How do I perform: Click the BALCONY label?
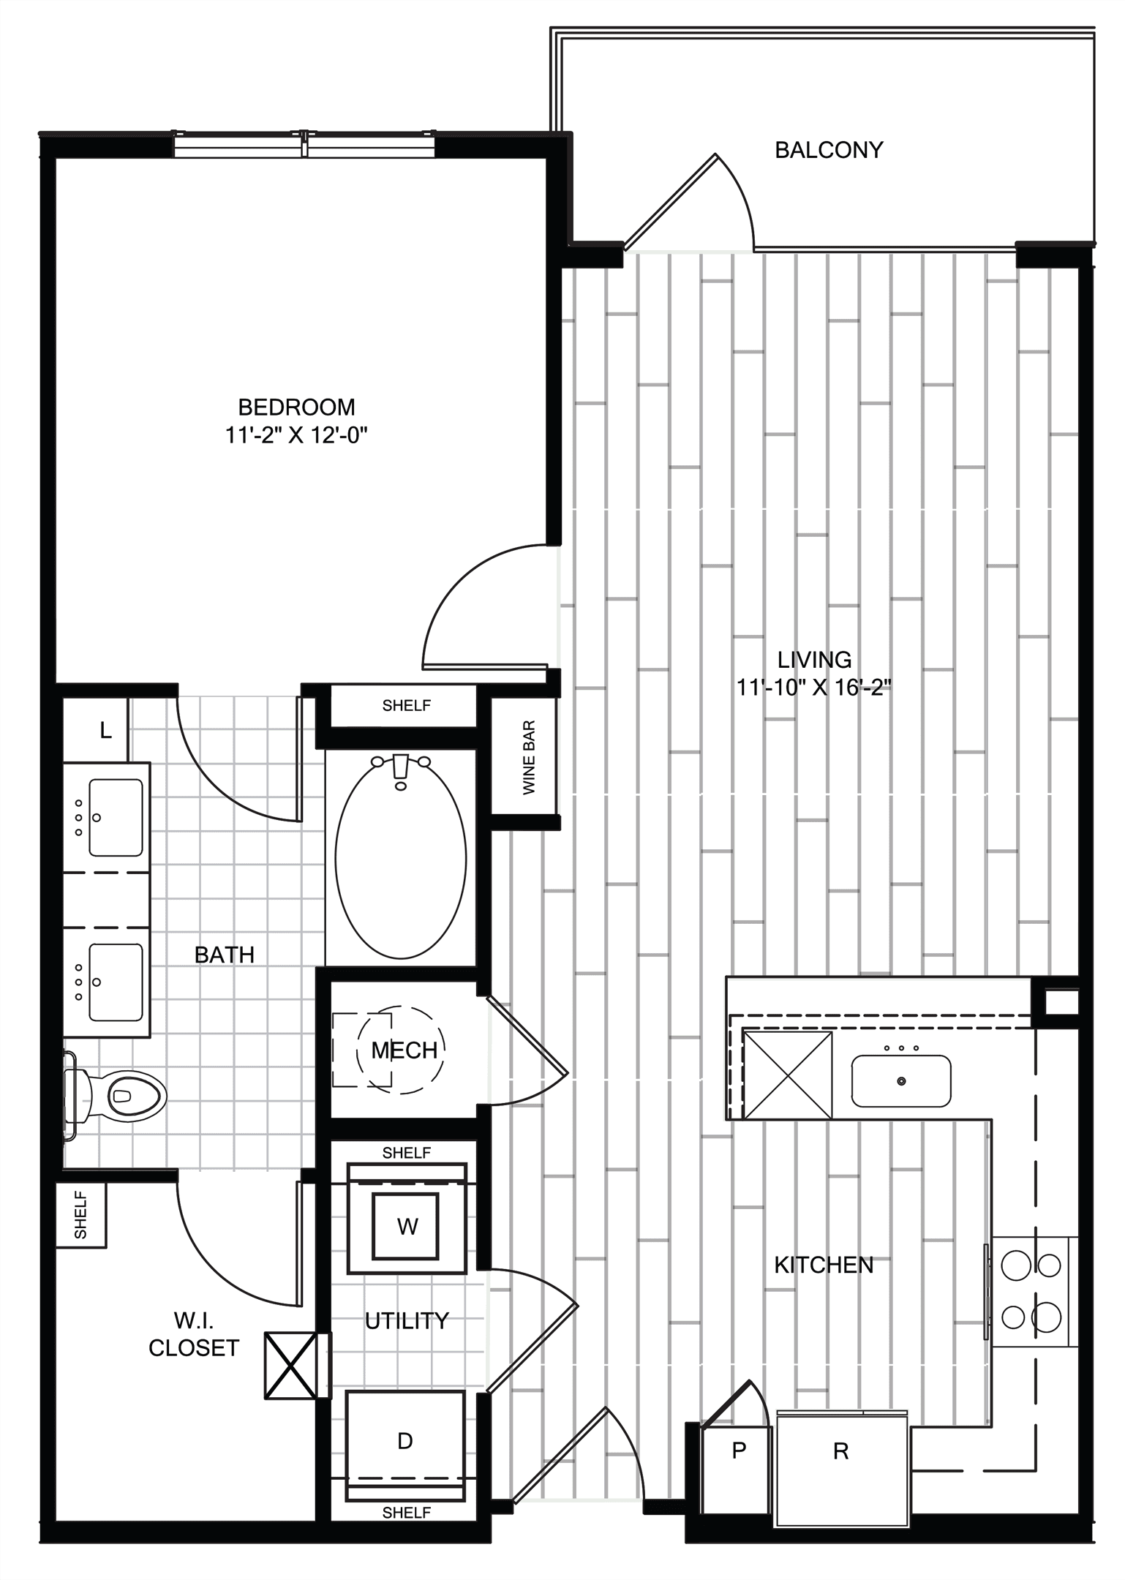coord(829,150)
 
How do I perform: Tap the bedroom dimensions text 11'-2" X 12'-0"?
coord(296,436)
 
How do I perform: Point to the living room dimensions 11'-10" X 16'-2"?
coord(814,688)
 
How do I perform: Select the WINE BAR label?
coord(529,758)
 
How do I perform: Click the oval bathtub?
coord(401,857)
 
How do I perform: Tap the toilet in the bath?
coord(117,1096)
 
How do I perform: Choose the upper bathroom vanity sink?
coord(116,817)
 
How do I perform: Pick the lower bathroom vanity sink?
coord(116,982)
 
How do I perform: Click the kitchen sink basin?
coord(901,1080)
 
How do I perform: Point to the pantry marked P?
coord(738,1450)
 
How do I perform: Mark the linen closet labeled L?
coord(105,729)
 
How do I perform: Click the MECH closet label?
coord(404,1050)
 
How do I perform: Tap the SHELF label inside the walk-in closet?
coord(80,1215)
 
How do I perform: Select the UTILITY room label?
coord(407,1321)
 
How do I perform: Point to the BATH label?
coord(225,955)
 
